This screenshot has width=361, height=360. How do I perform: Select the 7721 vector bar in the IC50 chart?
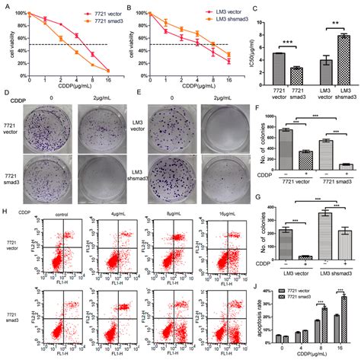pos(279,63)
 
